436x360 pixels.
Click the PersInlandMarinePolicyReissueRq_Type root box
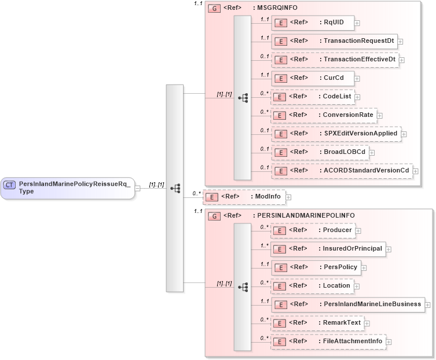[x=68, y=188]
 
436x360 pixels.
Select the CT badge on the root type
[x=10, y=185]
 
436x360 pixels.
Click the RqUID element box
[x=313, y=23]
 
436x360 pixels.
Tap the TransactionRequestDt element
[x=334, y=41]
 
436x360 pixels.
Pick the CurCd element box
[x=313, y=78]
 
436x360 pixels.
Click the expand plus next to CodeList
[x=358, y=97]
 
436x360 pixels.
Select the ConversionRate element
[x=324, y=115]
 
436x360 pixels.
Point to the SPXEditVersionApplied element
[x=336, y=134]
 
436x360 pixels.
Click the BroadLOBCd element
[x=320, y=152]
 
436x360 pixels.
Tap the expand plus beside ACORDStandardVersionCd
[x=415, y=171]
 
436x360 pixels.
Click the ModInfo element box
[x=244, y=197]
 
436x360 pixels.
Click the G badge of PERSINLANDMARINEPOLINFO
[x=214, y=216]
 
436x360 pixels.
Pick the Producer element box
[x=313, y=230]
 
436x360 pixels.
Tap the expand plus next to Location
[x=357, y=286]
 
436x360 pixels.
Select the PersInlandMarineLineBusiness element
[x=347, y=304]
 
